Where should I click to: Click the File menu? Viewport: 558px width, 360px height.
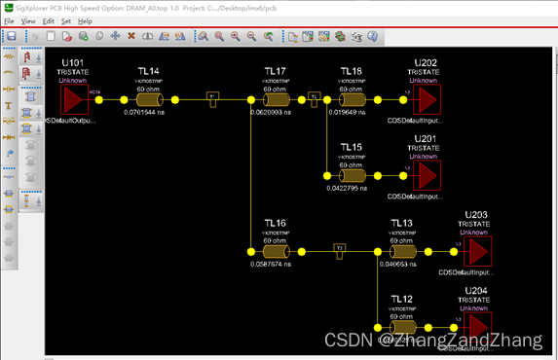pyautogui.click(x=9, y=20)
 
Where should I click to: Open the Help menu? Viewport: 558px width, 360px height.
pyautogui.click(x=86, y=20)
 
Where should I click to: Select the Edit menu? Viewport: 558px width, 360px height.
pyautogui.click(x=48, y=20)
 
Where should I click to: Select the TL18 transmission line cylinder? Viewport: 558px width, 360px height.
pyautogui.click(x=352, y=99)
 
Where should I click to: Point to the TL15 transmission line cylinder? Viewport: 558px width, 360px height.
pyautogui.click(x=352, y=174)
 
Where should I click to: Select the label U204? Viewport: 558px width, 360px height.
pyautogui.click(x=476, y=291)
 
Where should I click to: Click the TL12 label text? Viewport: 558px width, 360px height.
pyautogui.click(x=401, y=299)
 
